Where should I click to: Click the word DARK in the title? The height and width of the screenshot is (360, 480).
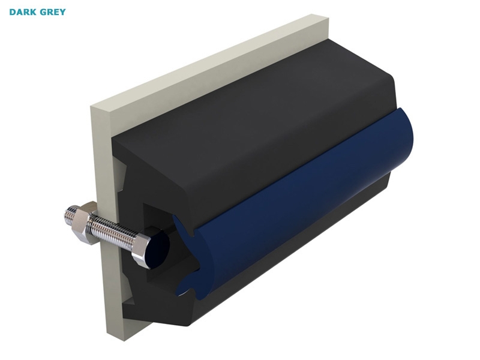click(22, 12)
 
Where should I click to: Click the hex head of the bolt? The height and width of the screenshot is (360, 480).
click(142, 248)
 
